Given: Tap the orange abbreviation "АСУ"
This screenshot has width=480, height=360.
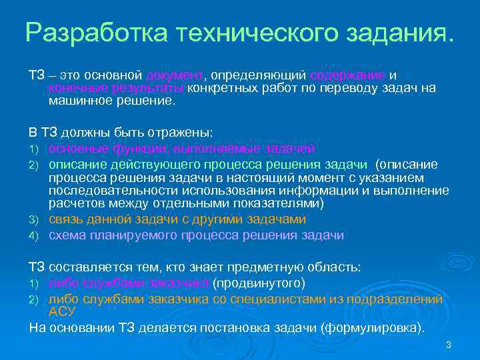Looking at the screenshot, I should click(x=63, y=311).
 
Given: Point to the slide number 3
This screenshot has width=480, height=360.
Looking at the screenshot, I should click(x=449, y=345).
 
